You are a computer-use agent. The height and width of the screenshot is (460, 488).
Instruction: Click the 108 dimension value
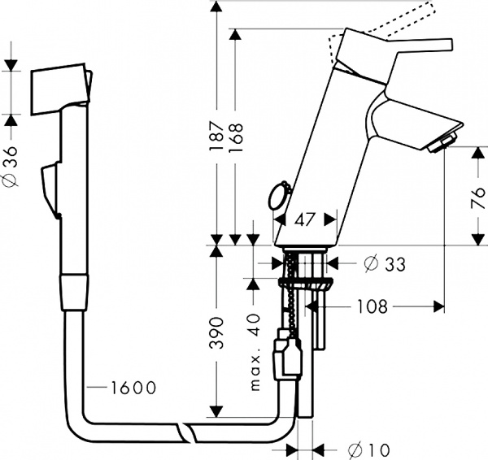[371, 306]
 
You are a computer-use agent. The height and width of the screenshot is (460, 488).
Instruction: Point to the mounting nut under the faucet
[306, 284]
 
